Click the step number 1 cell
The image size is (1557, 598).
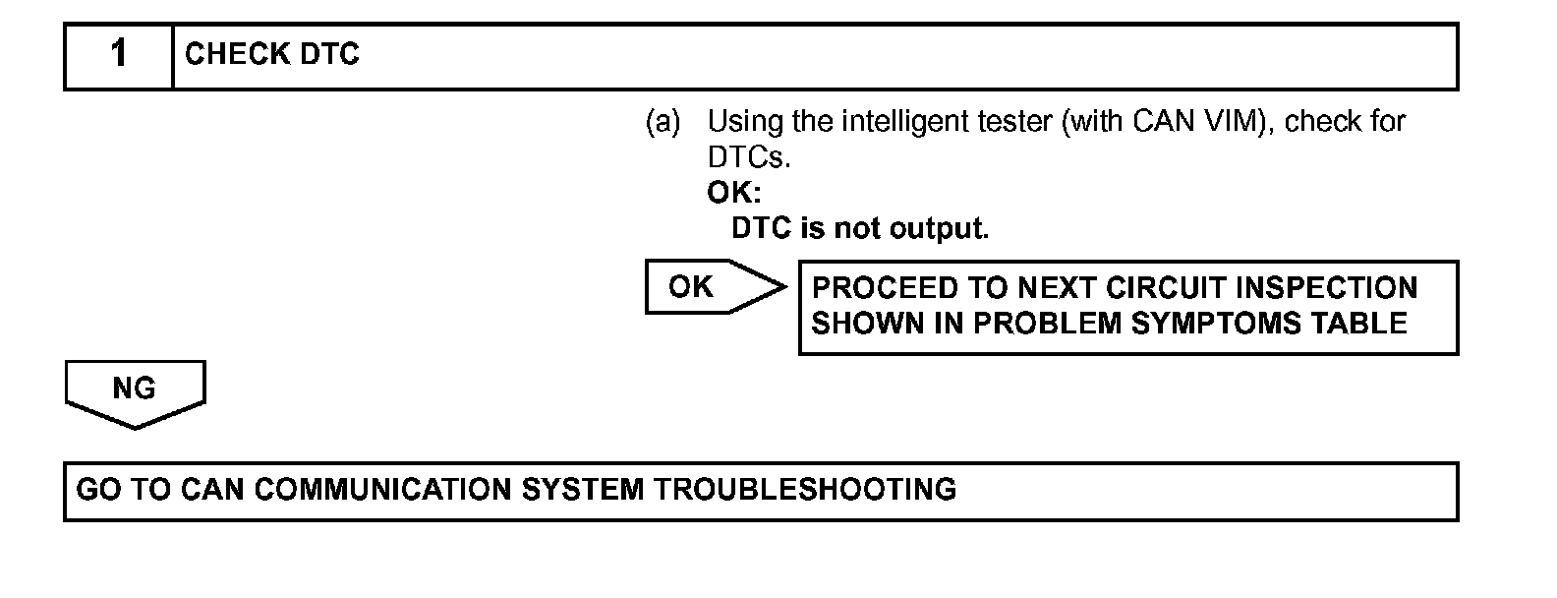point(119,54)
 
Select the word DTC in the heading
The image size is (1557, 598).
point(329,54)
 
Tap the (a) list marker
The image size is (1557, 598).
point(663,122)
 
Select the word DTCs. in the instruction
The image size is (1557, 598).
point(749,157)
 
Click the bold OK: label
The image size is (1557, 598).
point(734,193)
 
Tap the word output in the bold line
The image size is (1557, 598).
point(937,229)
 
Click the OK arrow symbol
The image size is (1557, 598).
point(713,287)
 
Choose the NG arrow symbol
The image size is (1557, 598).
point(135,391)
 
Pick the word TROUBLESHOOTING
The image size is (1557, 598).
point(805,490)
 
